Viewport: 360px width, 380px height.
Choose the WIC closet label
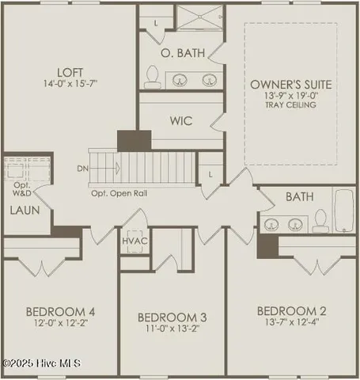pos(182,123)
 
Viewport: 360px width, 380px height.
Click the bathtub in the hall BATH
pos(343,211)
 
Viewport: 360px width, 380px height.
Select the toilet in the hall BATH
pos(321,218)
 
